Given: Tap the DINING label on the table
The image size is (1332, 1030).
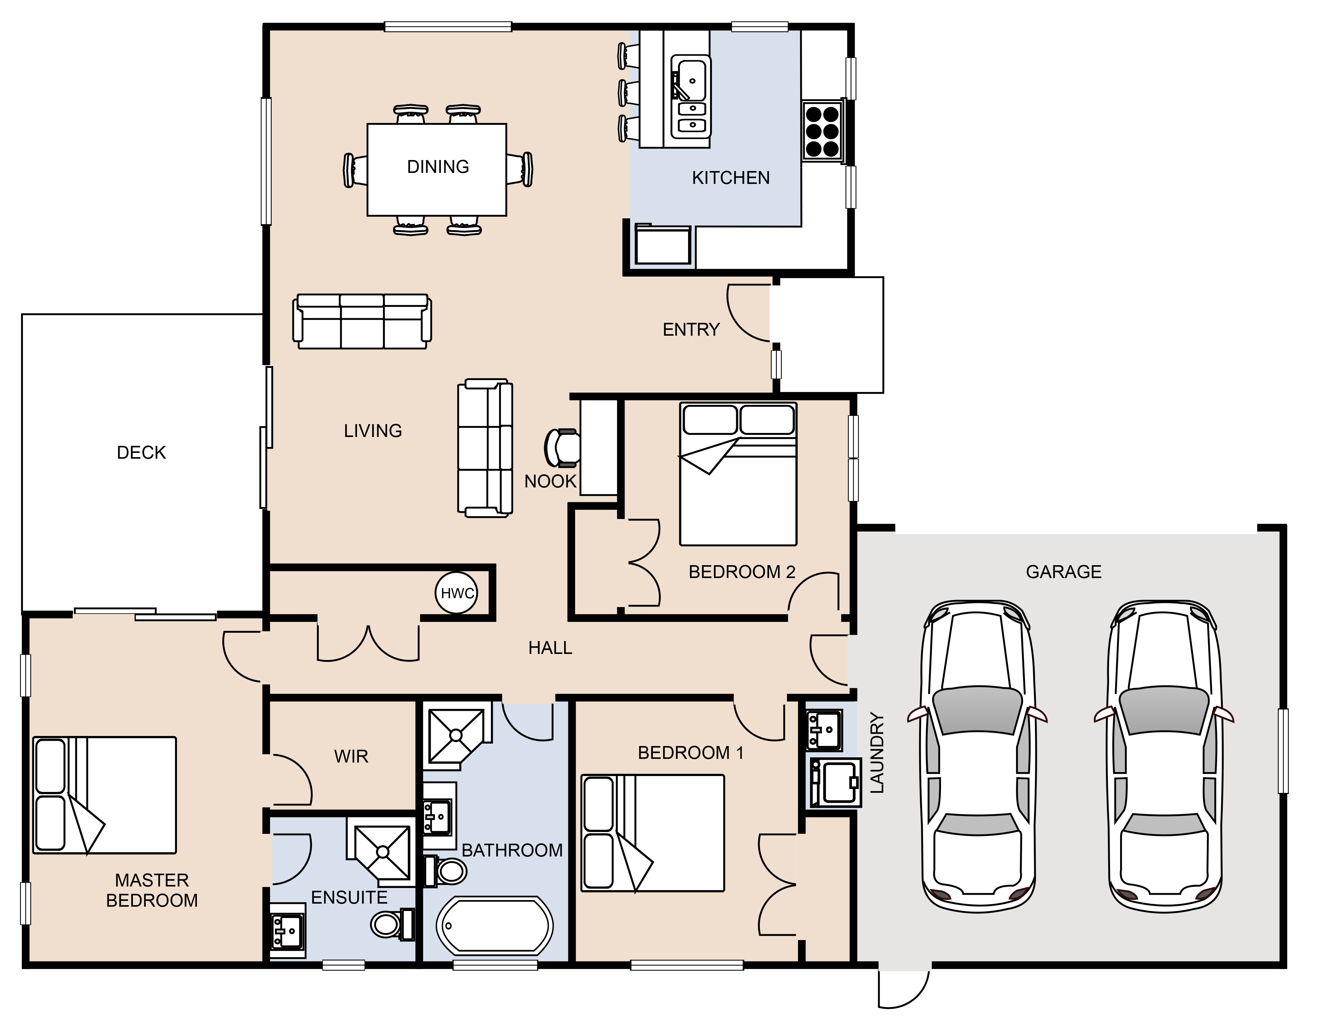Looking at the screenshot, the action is [x=438, y=166].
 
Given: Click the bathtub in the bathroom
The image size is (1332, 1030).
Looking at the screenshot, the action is [x=495, y=926].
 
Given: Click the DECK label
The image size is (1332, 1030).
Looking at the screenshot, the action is [x=141, y=452].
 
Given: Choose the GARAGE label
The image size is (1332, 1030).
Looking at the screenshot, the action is [x=1064, y=572].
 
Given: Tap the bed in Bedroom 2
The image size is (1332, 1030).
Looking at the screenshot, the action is [x=738, y=474].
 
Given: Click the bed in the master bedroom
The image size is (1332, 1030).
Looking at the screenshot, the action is [x=104, y=795].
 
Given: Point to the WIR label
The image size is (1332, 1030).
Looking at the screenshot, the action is [x=351, y=756].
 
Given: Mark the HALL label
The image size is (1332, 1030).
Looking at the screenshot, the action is [x=550, y=648].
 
